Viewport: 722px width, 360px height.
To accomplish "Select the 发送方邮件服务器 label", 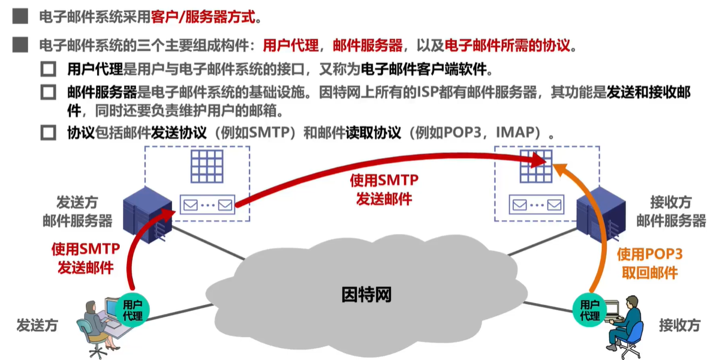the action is point(77,211).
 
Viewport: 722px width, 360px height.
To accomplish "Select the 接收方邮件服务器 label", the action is point(671,211).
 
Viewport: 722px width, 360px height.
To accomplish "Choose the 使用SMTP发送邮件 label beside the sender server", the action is point(85,258).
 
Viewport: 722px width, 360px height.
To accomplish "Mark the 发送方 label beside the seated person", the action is point(37,326).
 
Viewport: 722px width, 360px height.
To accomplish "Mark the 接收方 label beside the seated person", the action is point(679,326).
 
